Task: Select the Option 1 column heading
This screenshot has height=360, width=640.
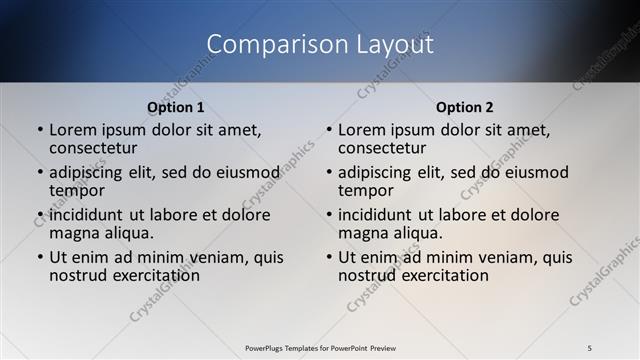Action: [x=176, y=106]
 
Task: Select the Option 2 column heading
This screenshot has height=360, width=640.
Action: [x=464, y=106]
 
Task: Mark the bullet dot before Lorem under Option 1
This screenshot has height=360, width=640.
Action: [x=40, y=130]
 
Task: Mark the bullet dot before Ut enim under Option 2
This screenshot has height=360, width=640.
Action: [x=329, y=257]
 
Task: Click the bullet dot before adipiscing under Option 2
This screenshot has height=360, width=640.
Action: [x=329, y=172]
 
